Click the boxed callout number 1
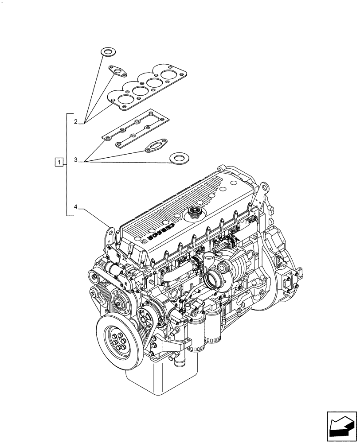[59, 162]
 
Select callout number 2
[76, 121]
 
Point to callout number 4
[76, 207]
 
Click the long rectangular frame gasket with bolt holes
[136, 128]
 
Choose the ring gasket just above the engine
[178, 158]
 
